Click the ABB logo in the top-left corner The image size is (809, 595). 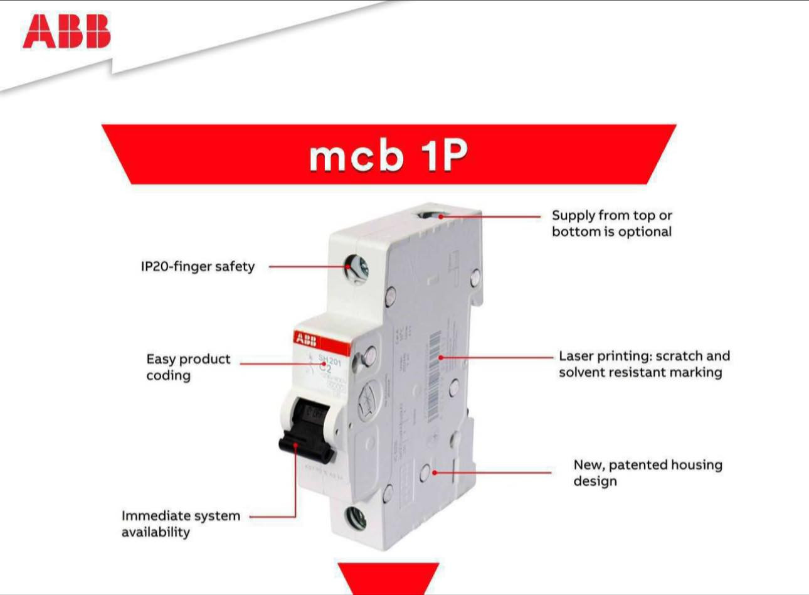66,32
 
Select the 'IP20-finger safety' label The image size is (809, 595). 198,266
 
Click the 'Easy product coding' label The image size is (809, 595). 188,367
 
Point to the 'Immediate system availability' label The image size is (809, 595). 181,523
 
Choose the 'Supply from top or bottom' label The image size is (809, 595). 611,223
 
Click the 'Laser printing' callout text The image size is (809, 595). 644,364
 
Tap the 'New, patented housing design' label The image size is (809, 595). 647,473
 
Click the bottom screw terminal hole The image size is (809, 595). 356,519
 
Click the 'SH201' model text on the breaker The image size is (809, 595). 329,360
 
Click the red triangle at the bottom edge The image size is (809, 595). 388,577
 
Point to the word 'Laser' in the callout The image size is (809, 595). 575,356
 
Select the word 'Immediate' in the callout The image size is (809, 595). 152,516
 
